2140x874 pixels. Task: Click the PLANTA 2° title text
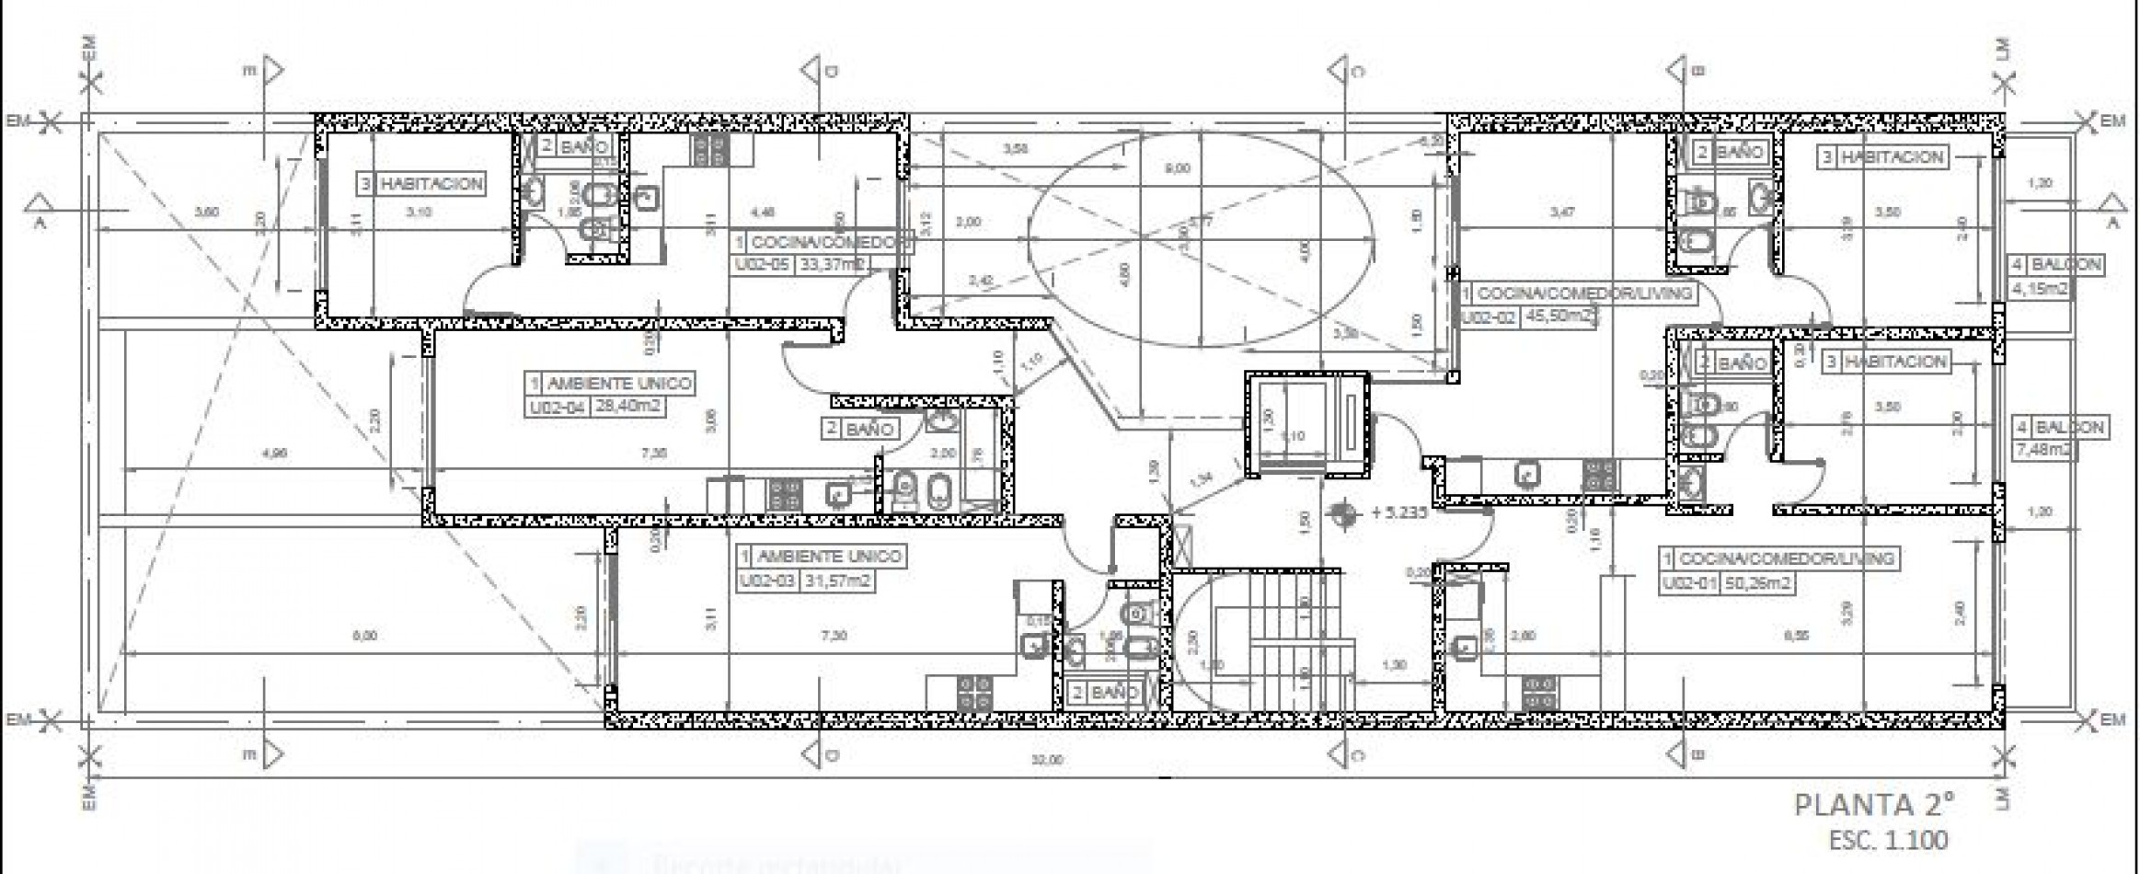pyautogui.click(x=1873, y=805)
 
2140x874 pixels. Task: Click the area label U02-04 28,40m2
pyautogui.click(x=595, y=407)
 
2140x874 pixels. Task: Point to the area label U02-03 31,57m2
pyautogui.click(x=805, y=581)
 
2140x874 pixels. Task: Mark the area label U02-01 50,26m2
pyautogui.click(x=1727, y=583)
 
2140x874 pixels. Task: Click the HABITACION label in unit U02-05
pyautogui.click(x=421, y=184)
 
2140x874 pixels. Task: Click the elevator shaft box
pyautogui.click(x=1306, y=424)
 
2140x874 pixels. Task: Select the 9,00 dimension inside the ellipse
pyautogui.click(x=1178, y=168)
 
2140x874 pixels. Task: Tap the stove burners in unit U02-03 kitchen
pyautogui.click(x=974, y=692)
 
